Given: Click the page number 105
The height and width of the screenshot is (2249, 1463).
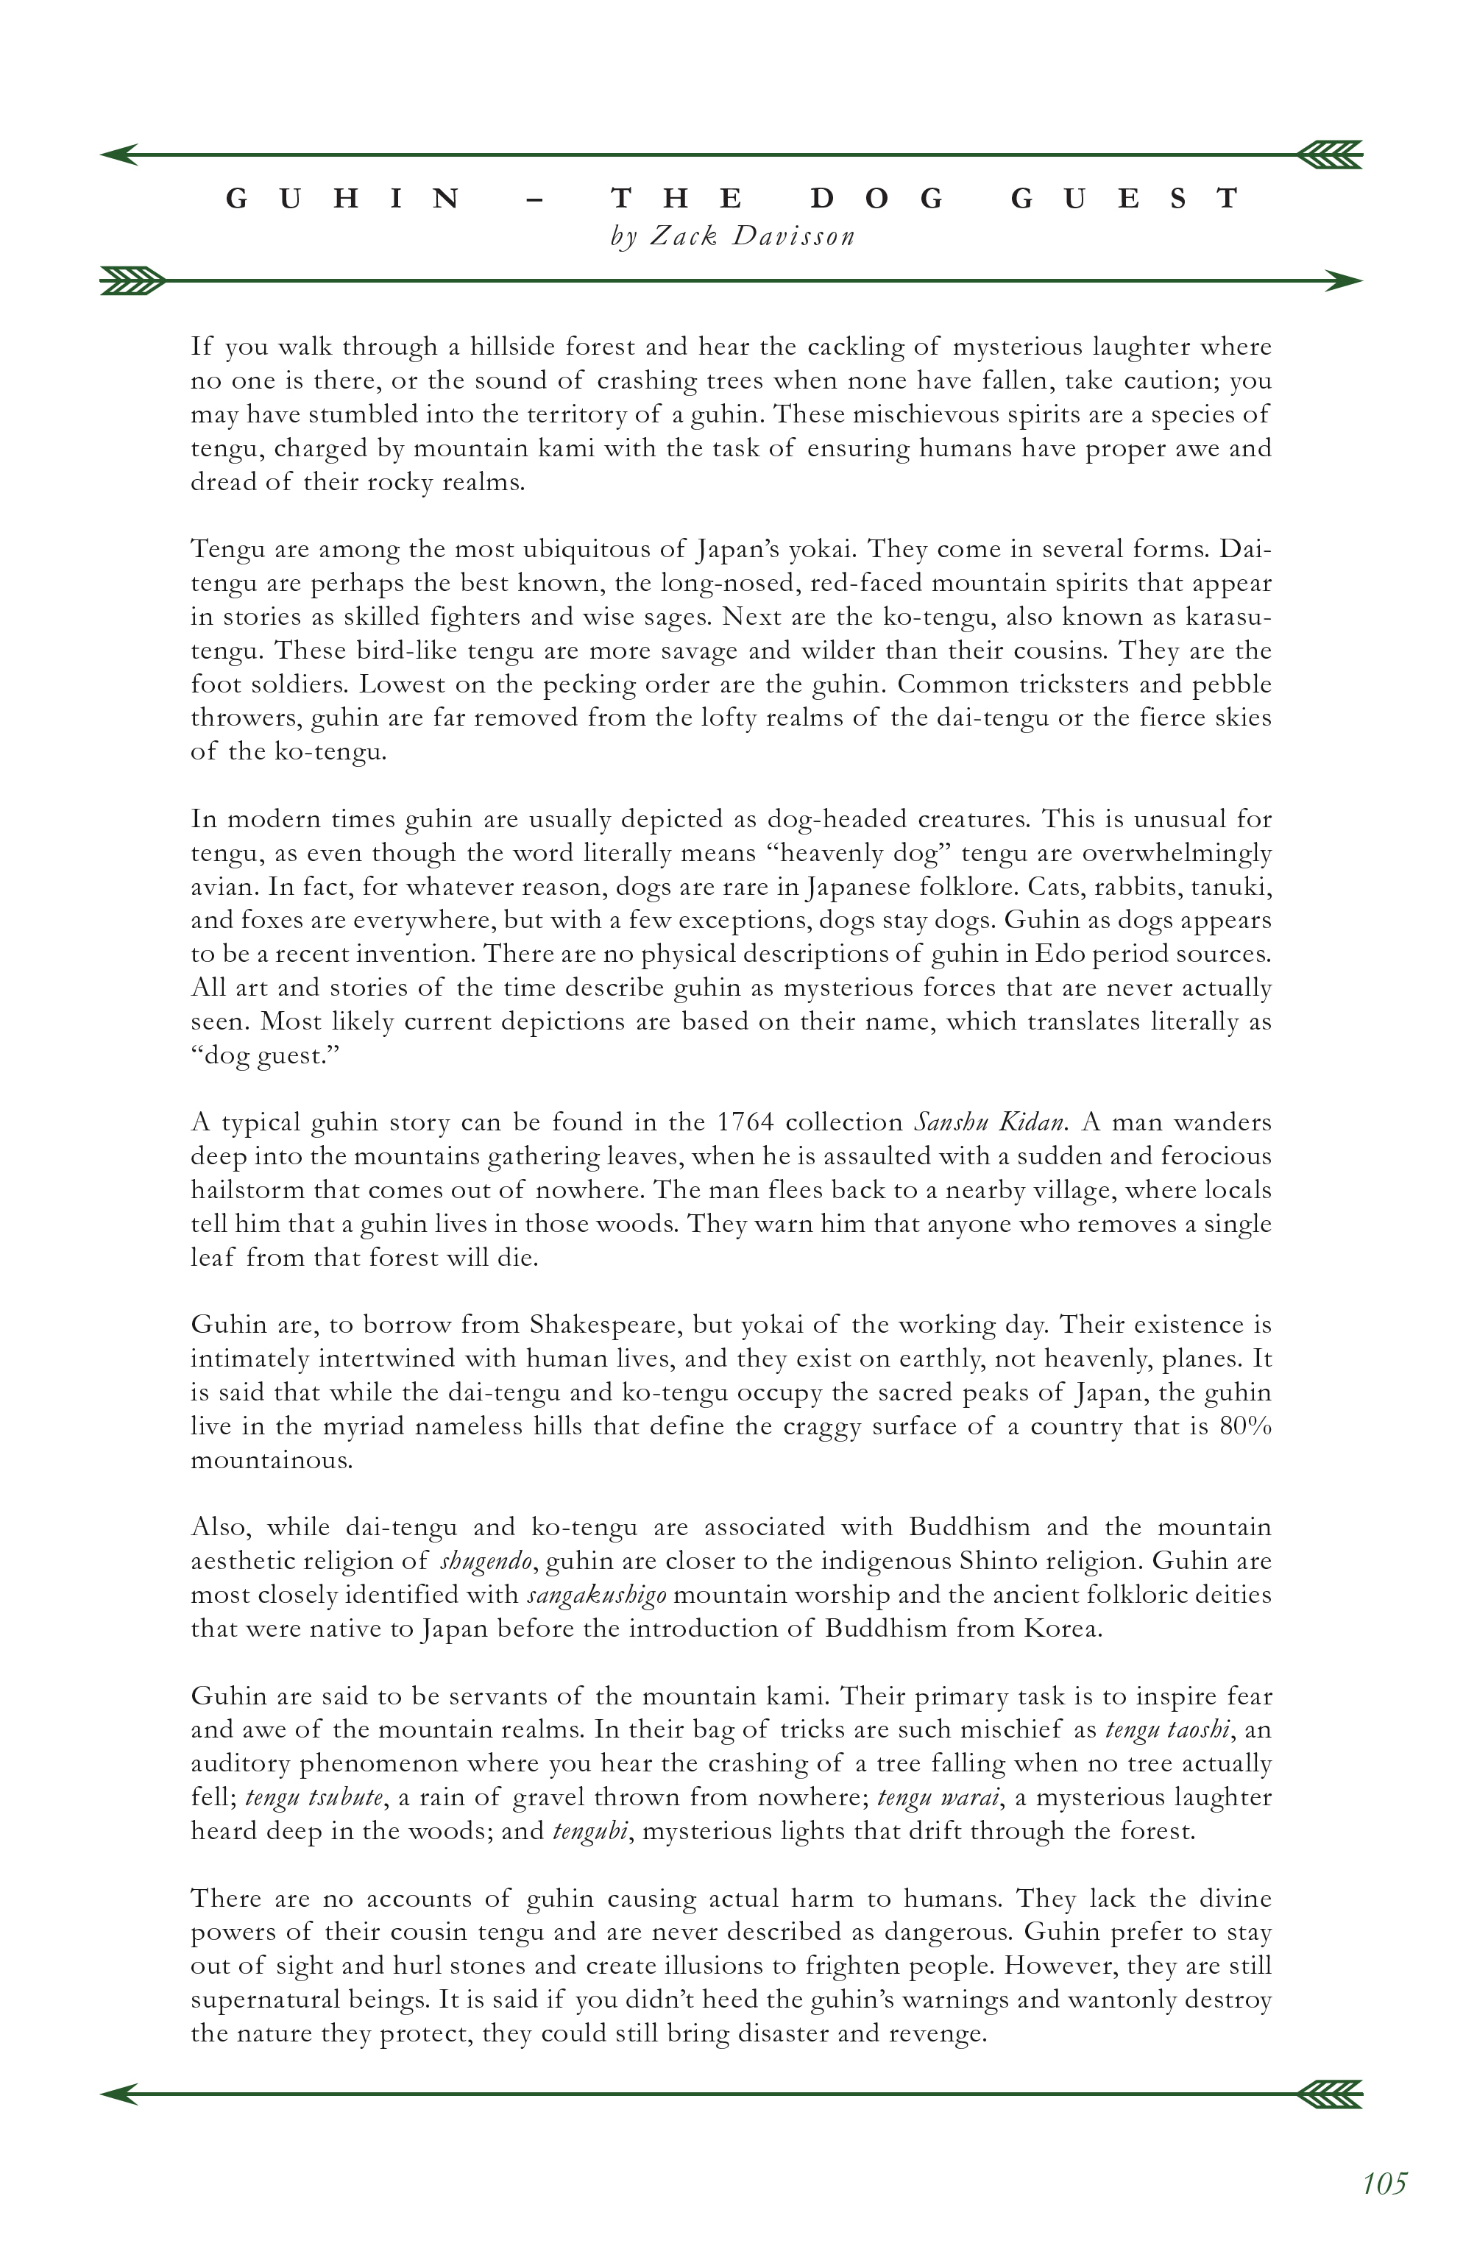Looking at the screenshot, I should [x=1384, y=2184].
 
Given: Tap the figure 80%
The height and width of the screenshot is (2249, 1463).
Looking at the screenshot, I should [x=1246, y=1426].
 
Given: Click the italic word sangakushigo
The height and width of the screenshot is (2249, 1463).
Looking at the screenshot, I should [x=596, y=1595].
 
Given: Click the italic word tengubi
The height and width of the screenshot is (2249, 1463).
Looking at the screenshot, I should [x=589, y=1831].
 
